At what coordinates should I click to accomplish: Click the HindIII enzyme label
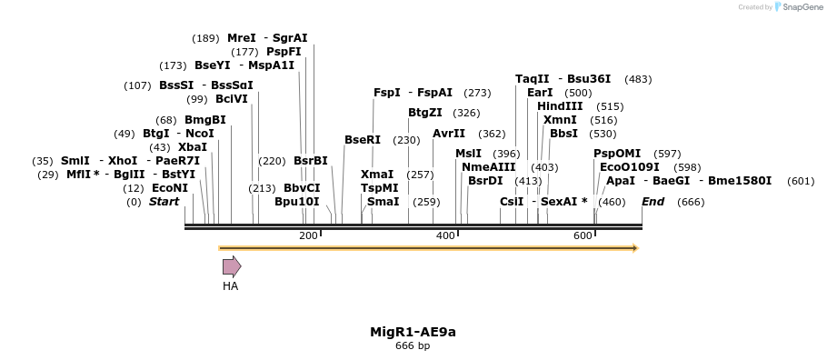coord(560,106)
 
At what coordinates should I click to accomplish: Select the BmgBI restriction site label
coord(204,120)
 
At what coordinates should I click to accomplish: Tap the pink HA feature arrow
coord(232,266)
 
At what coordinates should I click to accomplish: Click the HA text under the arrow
coord(231,286)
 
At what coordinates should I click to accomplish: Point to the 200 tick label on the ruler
coord(308,236)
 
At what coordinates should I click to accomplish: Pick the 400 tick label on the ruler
coord(445,236)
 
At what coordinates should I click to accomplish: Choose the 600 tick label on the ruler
coord(583,236)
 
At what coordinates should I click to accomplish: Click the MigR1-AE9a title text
coord(413,331)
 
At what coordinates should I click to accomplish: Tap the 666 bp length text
coord(413,346)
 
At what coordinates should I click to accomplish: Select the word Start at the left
coord(164,202)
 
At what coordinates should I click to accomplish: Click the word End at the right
coord(653,202)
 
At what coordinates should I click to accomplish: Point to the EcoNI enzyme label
coord(170,188)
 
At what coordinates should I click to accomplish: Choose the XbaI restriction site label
coord(193,147)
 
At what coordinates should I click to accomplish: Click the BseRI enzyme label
coord(363,140)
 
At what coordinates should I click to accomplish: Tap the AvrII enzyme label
coord(449,134)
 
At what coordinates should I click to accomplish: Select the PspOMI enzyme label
coord(617,154)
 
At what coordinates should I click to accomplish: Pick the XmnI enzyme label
coord(560,120)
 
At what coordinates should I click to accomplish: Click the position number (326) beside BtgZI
coord(466,113)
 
